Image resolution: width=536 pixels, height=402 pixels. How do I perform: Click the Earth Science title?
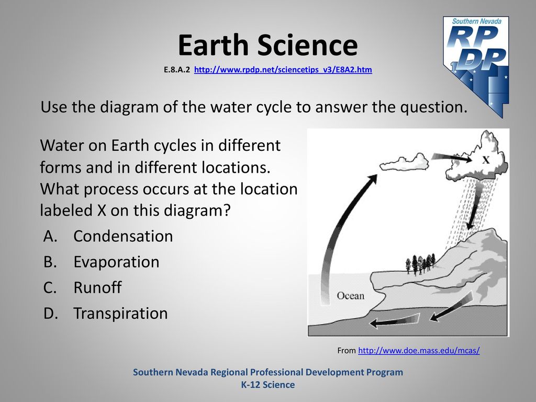pos(267,45)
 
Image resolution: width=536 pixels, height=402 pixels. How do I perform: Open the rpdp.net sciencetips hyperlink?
pos(283,70)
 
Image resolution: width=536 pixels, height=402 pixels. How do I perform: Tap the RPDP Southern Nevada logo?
pos(476,66)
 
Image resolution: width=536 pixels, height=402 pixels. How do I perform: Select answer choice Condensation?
pos(123,236)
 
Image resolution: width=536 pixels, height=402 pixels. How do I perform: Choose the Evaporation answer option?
pos(116,262)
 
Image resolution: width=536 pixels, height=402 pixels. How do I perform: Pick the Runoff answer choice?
pos(97,287)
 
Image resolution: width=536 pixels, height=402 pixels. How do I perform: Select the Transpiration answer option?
pos(120,314)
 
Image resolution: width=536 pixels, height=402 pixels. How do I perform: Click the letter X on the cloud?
pos(486,160)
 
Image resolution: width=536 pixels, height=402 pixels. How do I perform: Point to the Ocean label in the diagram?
pos(350,296)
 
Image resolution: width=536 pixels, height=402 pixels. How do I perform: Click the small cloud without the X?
pos(405,163)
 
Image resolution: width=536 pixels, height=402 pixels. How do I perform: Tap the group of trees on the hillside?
pos(420,264)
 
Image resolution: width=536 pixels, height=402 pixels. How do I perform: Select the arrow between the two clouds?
pos(452,158)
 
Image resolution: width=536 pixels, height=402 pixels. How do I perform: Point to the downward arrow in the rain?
pos(474,207)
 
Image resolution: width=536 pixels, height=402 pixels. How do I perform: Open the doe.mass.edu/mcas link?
pos(419,350)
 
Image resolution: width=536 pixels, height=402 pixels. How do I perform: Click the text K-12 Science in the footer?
pos(268,385)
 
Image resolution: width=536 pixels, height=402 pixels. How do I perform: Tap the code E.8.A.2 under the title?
pos(177,70)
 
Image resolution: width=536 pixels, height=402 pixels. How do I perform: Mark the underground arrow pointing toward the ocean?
pos(394,321)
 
